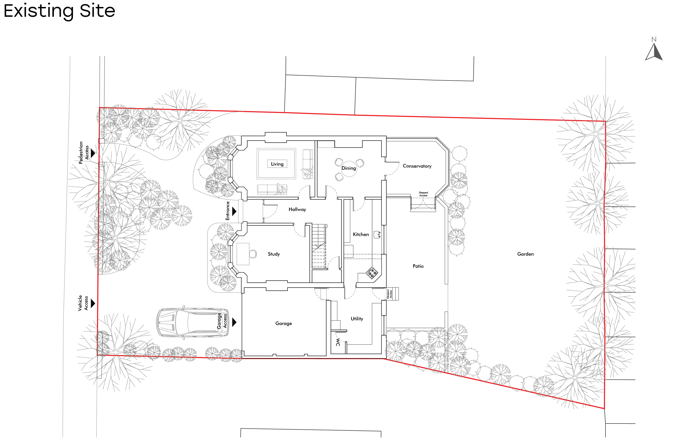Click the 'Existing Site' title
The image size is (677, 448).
[59, 11]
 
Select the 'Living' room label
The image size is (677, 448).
[277, 164]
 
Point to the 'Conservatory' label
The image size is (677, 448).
[417, 166]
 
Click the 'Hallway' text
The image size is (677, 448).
[297, 209]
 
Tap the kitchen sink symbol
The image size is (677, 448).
[377, 234]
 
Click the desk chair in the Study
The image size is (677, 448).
[253, 254]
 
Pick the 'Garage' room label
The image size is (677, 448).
[283, 323]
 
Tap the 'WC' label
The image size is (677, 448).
[338, 342]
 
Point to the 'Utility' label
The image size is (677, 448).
[357, 319]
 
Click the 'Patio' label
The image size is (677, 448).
[418, 266]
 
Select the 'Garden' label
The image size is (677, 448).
[525, 254]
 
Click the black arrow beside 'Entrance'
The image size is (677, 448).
[234, 211]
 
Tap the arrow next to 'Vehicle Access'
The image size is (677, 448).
[93, 303]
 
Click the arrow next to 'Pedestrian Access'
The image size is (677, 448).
[93, 153]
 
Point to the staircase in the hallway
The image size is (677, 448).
[318, 246]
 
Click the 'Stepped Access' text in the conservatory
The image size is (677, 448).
[423, 194]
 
